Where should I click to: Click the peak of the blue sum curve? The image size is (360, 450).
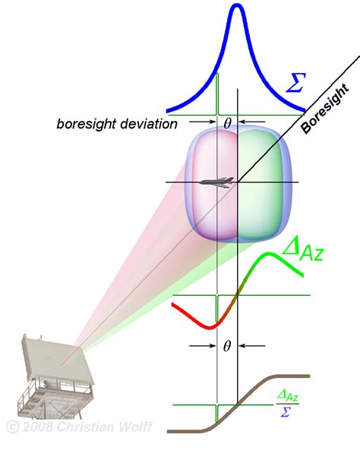point(237,5)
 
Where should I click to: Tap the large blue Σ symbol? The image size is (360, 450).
point(295,82)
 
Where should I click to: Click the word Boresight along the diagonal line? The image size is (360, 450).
point(326,109)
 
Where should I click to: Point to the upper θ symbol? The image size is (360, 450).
point(227,123)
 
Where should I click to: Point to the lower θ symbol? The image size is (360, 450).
point(227,346)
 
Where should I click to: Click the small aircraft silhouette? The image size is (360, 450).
point(217,182)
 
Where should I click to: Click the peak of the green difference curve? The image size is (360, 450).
point(269,254)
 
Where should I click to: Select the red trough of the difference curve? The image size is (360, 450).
point(210,327)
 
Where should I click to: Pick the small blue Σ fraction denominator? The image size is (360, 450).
point(286,412)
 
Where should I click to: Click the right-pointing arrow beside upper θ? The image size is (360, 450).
point(203,122)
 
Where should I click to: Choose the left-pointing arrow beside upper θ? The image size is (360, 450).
point(252,122)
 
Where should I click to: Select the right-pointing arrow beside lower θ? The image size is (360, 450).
point(203,346)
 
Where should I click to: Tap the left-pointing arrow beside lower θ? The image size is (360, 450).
point(252,346)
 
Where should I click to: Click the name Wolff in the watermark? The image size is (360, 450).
point(136,426)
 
